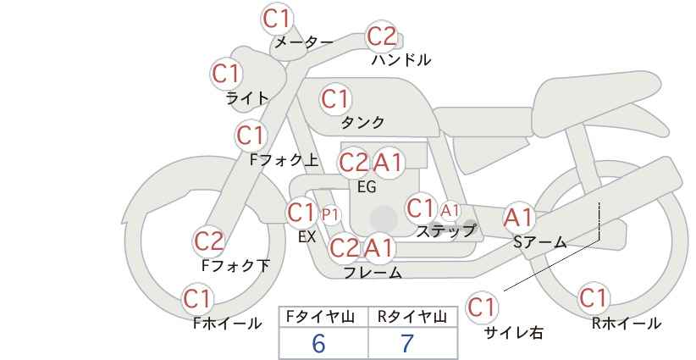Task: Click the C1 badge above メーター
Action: click(x=276, y=19)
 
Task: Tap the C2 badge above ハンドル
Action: click(x=382, y=36)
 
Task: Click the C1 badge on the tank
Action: click(x=335, y=99)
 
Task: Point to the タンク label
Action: click(x=362, y=122)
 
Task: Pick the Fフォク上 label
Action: click(x=284, y=159)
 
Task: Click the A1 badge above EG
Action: click(x=388, y=163)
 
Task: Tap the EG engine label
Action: click(x=367, y=187)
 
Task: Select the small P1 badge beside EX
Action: click(x=330, y=215)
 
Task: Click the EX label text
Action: click(x=307, y=237)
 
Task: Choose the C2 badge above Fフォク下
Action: click(x=208, y=241)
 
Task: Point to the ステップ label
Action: click(x=445, y=231)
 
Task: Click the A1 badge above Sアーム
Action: click(x=518, y=218)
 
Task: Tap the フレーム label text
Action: click(x=373, y=272)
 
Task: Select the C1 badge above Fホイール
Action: click(x=197, y=299)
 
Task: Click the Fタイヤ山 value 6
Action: click(x=318, y=343)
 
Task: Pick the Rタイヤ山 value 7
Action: click(x=407, y=343)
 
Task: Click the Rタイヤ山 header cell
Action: click(x=412, y=317)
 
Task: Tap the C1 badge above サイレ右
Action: click(x=482, y=307)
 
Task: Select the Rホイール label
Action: click(x=627, y=324)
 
